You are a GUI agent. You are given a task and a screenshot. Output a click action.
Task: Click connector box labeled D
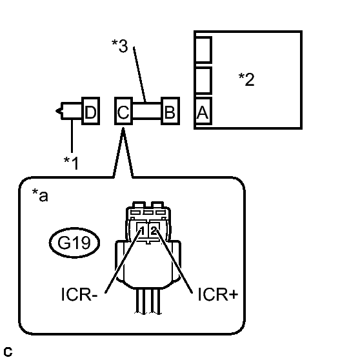tap(91, 111)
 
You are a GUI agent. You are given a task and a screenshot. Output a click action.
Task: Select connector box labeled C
tap(123, 111)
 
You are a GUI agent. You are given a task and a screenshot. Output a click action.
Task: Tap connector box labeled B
tap(170, 111)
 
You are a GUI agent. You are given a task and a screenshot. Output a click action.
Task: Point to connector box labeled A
tap(203, 111)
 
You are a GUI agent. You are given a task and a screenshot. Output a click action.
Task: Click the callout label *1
tap(72, 163)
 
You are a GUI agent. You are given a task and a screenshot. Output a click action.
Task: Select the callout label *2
tap(246, 79)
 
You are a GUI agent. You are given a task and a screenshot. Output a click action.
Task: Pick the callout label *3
tap(119, 46)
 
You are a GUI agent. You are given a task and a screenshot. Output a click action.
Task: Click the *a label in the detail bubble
tap(40, 195)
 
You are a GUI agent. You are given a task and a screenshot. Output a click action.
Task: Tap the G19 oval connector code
tap(74, 243)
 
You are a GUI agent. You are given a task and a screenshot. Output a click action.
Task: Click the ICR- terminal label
tap(79, 294)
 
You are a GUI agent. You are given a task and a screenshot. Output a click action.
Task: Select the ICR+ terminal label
tap(217, 294)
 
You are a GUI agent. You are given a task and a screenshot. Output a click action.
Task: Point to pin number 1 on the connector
tap(142, 230)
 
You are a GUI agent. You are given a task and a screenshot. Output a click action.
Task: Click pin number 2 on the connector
tap(154, 230)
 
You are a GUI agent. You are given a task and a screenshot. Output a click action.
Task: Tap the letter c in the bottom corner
tap(8, 352)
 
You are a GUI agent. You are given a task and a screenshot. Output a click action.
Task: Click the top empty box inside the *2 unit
tap(203, 50)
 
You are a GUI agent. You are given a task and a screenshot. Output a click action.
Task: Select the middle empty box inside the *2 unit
tap(203, 81)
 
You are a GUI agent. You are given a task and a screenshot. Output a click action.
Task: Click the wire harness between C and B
tap(147, 111)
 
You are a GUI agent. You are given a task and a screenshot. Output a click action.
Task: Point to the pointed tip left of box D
tap(57, 111)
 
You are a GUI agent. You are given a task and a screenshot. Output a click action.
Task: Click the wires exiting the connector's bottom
tap(148, 301)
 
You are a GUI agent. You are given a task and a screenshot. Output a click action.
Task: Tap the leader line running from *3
tap(139, 74)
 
